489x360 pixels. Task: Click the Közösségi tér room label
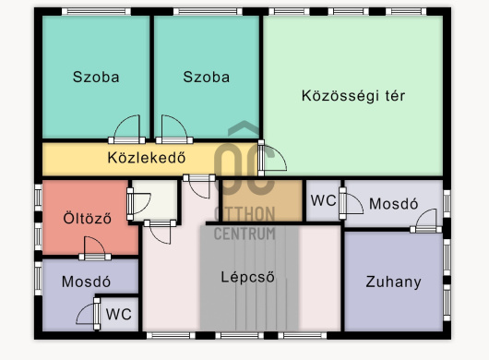[353, 96]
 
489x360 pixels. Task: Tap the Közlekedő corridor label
[147, 158]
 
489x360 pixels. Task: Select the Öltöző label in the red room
[88, 218]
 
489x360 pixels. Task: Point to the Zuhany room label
[393, 282]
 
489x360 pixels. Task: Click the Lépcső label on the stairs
[248, 277]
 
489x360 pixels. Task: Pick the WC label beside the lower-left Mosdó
[118, 314]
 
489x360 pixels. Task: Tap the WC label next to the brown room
[324, 200]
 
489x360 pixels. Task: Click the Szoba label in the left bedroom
[96, 77]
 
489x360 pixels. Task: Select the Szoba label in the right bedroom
[207, 77]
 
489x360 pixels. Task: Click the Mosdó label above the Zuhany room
[394, 204]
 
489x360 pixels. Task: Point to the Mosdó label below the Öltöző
[86, 282]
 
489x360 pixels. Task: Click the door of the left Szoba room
[126, 129]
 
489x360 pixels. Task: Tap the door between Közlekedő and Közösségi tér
[272, 158]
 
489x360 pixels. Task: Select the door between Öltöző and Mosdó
[95, 248]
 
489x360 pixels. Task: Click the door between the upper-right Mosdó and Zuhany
[426, 221]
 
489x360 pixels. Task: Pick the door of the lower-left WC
[89, 314]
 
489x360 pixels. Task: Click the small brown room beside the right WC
[262, 200]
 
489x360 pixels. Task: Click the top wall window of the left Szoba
[96, 12]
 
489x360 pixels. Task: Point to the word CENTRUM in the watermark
[244, 234]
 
